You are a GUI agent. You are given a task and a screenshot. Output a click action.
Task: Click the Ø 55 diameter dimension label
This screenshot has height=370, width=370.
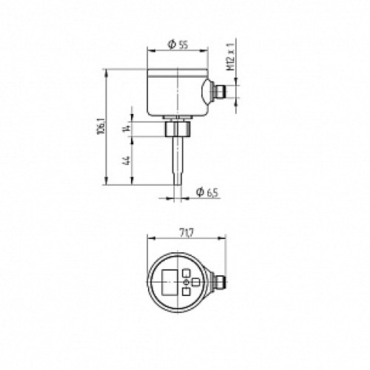[x=178, y=44]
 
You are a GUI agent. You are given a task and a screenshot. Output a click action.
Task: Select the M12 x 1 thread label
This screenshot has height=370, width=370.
[x=231, y=57]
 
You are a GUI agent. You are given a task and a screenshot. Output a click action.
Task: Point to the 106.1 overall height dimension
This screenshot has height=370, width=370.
[x=101, y=126]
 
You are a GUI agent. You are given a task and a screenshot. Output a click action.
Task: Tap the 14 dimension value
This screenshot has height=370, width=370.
[x=127, y=129]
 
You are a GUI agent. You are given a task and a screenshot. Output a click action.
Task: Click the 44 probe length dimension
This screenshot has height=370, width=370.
[x=127, y=161]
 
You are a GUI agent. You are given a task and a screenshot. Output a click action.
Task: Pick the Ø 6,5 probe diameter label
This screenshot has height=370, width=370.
[x=207, y=192]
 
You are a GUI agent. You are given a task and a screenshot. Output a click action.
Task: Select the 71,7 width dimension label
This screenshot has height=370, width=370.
[x=186, y=232]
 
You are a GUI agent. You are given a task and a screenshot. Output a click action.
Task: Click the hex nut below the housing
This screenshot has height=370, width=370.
[x=178, y=129]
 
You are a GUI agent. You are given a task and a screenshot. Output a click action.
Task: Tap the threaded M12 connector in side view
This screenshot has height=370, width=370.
[x=221, y=91]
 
